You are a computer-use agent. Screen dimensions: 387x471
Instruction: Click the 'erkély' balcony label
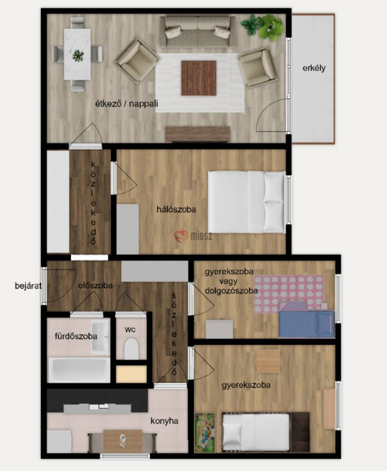pos(314,68)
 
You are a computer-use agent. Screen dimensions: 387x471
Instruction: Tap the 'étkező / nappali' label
pos(127,104)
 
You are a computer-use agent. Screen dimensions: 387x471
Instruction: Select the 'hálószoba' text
pos(176,209)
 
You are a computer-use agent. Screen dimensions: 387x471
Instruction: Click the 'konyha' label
pos(164,421)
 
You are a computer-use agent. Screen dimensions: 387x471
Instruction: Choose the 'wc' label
pos(130,329)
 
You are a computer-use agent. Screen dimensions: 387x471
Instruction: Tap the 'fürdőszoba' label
pos(76,336)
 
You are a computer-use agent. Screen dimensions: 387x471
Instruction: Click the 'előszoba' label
pos(95,285)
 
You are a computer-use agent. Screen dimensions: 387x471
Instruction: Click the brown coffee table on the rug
pos(199,78)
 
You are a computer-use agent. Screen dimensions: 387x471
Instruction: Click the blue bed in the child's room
pos(307,324)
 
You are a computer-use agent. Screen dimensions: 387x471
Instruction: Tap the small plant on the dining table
pos(78,56)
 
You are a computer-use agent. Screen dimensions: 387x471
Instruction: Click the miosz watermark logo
pos(193,235)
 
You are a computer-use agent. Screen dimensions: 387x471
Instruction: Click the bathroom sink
pos(100,336)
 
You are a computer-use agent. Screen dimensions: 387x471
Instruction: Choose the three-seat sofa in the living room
pos(198,31)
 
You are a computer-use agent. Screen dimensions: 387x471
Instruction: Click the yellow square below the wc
pos(131,374)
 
